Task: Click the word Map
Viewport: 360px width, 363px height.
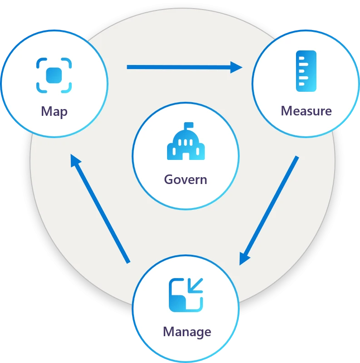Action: (x=54, y=111)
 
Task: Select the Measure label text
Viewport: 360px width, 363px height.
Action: (x=306, y=110)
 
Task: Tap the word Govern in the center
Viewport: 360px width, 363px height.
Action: (x=185, y=179)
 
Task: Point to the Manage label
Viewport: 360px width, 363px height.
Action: (x=187, y=331)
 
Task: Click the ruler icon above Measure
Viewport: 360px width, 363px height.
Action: (x=306, y=71)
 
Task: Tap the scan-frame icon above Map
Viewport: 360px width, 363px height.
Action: (x=54, y=75)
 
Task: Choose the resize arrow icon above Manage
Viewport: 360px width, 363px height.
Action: (x=186, y=295)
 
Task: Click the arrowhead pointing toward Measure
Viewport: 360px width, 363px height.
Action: (x=237, y=67)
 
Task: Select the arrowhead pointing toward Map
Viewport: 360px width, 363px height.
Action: (x=75, y=160)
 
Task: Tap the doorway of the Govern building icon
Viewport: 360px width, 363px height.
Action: (x=186, y=155)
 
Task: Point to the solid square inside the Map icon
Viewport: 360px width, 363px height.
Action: (x=54, y=75)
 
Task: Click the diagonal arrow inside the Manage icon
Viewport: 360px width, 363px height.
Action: (x=196, y=285)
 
